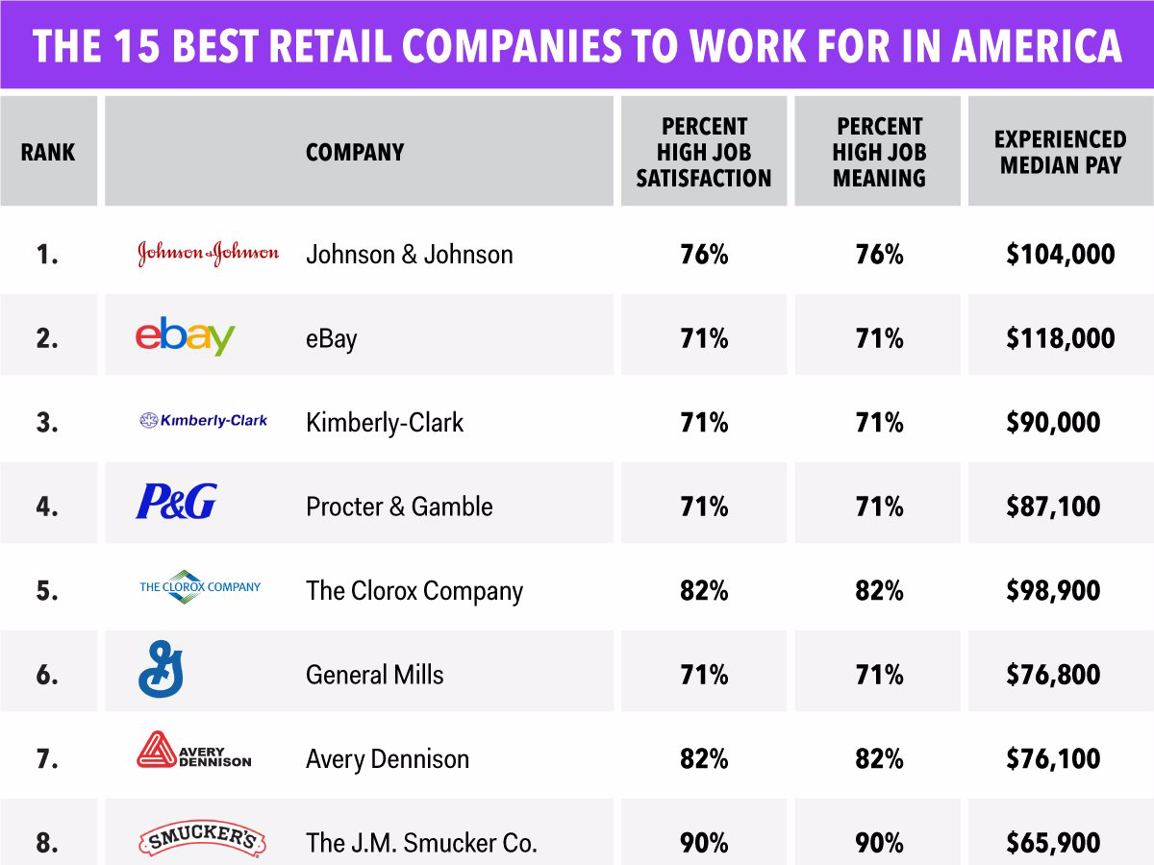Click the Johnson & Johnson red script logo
click(208, 254)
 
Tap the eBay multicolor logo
click(185, 335)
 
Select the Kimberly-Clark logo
click(204, 420)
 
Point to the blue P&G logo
click(177, 501)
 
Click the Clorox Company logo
click(200, 586)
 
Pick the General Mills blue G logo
click(161, 669)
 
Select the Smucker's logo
click(202, 838)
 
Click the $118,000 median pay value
click(1061, 337)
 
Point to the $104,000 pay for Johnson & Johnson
click(1061, 254)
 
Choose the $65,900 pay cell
click(1053, 843)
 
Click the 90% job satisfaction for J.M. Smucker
click(704, 843)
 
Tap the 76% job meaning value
click(879, 254)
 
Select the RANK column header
click(48, 152)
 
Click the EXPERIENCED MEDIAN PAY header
click(1061, 152)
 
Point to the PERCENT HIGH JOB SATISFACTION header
click(704, 152)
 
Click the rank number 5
click(47, 590)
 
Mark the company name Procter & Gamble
click(399, 507)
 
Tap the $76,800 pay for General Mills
click(1053, 675)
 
